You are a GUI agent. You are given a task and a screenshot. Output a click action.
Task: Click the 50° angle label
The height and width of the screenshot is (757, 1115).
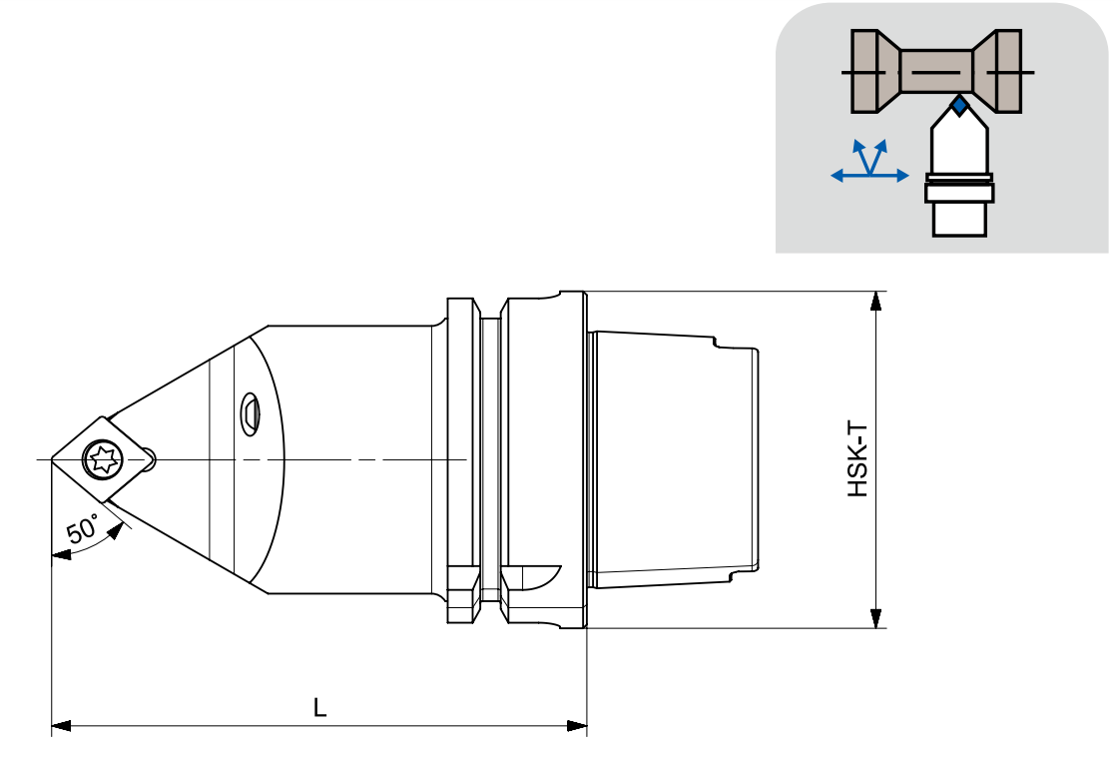[82, 530]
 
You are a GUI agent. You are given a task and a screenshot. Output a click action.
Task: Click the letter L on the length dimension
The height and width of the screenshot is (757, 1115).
[320, 707]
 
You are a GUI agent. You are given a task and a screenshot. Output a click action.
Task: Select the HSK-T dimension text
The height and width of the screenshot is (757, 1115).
[858, 459]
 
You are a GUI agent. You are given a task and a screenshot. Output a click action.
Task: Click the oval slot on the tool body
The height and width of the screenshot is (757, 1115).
[249, 413]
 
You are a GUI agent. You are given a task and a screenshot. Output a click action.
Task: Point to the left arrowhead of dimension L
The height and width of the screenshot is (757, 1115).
[62, 726]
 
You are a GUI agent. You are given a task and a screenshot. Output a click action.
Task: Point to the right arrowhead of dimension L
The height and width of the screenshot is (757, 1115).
[577, 726]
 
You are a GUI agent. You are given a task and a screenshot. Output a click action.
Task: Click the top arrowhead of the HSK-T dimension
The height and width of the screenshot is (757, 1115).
[876, 302]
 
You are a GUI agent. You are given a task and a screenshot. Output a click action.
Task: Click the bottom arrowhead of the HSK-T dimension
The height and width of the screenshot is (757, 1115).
[876, 617]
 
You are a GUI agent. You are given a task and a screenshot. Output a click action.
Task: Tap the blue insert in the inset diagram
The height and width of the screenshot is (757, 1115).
[959, 107]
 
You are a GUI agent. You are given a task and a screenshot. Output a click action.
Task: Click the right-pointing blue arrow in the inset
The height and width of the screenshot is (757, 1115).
[889, 175]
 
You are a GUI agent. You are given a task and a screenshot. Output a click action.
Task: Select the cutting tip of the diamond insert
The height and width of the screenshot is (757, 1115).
[51, 459]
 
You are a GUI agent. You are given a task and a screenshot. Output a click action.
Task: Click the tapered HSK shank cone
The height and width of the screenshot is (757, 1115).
[674, 459]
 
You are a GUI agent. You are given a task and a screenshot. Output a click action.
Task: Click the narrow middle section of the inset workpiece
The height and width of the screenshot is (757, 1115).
[936, 72]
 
